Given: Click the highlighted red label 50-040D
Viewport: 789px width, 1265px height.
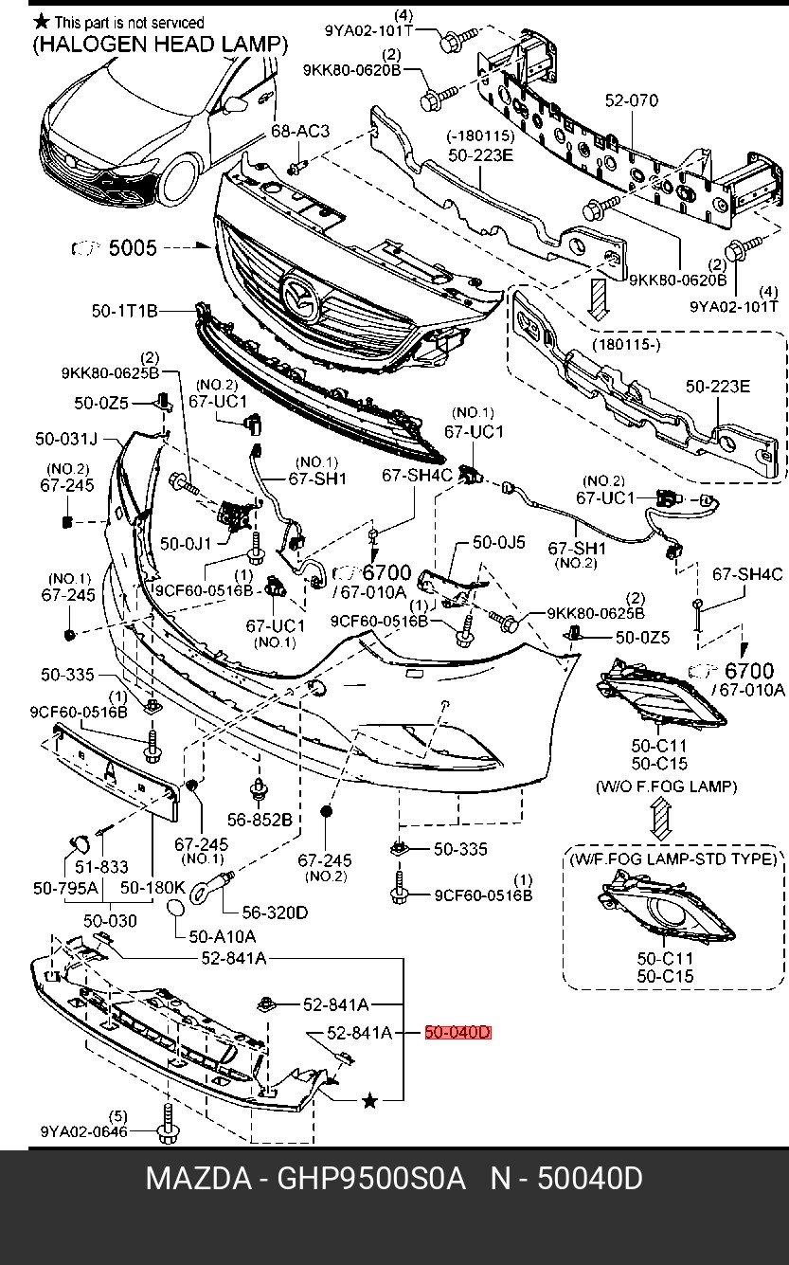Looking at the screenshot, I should point(457,1033).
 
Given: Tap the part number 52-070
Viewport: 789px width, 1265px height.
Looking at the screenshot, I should point(632,100).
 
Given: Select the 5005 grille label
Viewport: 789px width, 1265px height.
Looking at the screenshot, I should point(133,248).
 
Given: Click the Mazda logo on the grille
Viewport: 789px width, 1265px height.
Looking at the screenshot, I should point(301,296).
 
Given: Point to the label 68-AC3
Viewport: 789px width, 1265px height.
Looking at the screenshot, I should point(300,131).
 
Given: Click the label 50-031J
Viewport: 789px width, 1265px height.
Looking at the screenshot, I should point(66,439).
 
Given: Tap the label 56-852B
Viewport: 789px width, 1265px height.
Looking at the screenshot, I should point(260,819).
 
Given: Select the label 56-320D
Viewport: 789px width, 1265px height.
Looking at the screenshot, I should point(275,913).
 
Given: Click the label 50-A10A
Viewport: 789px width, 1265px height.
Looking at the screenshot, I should point(223,936).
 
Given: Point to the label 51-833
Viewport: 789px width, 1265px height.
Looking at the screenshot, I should point(101,866).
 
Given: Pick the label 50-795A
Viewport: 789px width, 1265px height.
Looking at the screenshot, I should point(65,888).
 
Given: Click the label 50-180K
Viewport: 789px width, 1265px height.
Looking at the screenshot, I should point(152,888).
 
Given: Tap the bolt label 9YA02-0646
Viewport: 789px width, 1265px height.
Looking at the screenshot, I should point(83,1130).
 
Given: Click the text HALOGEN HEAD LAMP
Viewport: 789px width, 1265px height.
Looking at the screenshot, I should point(160,44).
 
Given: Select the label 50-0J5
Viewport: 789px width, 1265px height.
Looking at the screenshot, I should point(498,543).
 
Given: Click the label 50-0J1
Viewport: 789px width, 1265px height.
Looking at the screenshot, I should point(186,543).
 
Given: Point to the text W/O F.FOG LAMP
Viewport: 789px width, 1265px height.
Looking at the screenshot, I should point(666,786).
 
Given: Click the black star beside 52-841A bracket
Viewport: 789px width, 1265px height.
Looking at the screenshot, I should point(370,1100).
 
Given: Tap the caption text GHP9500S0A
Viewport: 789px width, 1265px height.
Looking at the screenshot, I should point(371,1179).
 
